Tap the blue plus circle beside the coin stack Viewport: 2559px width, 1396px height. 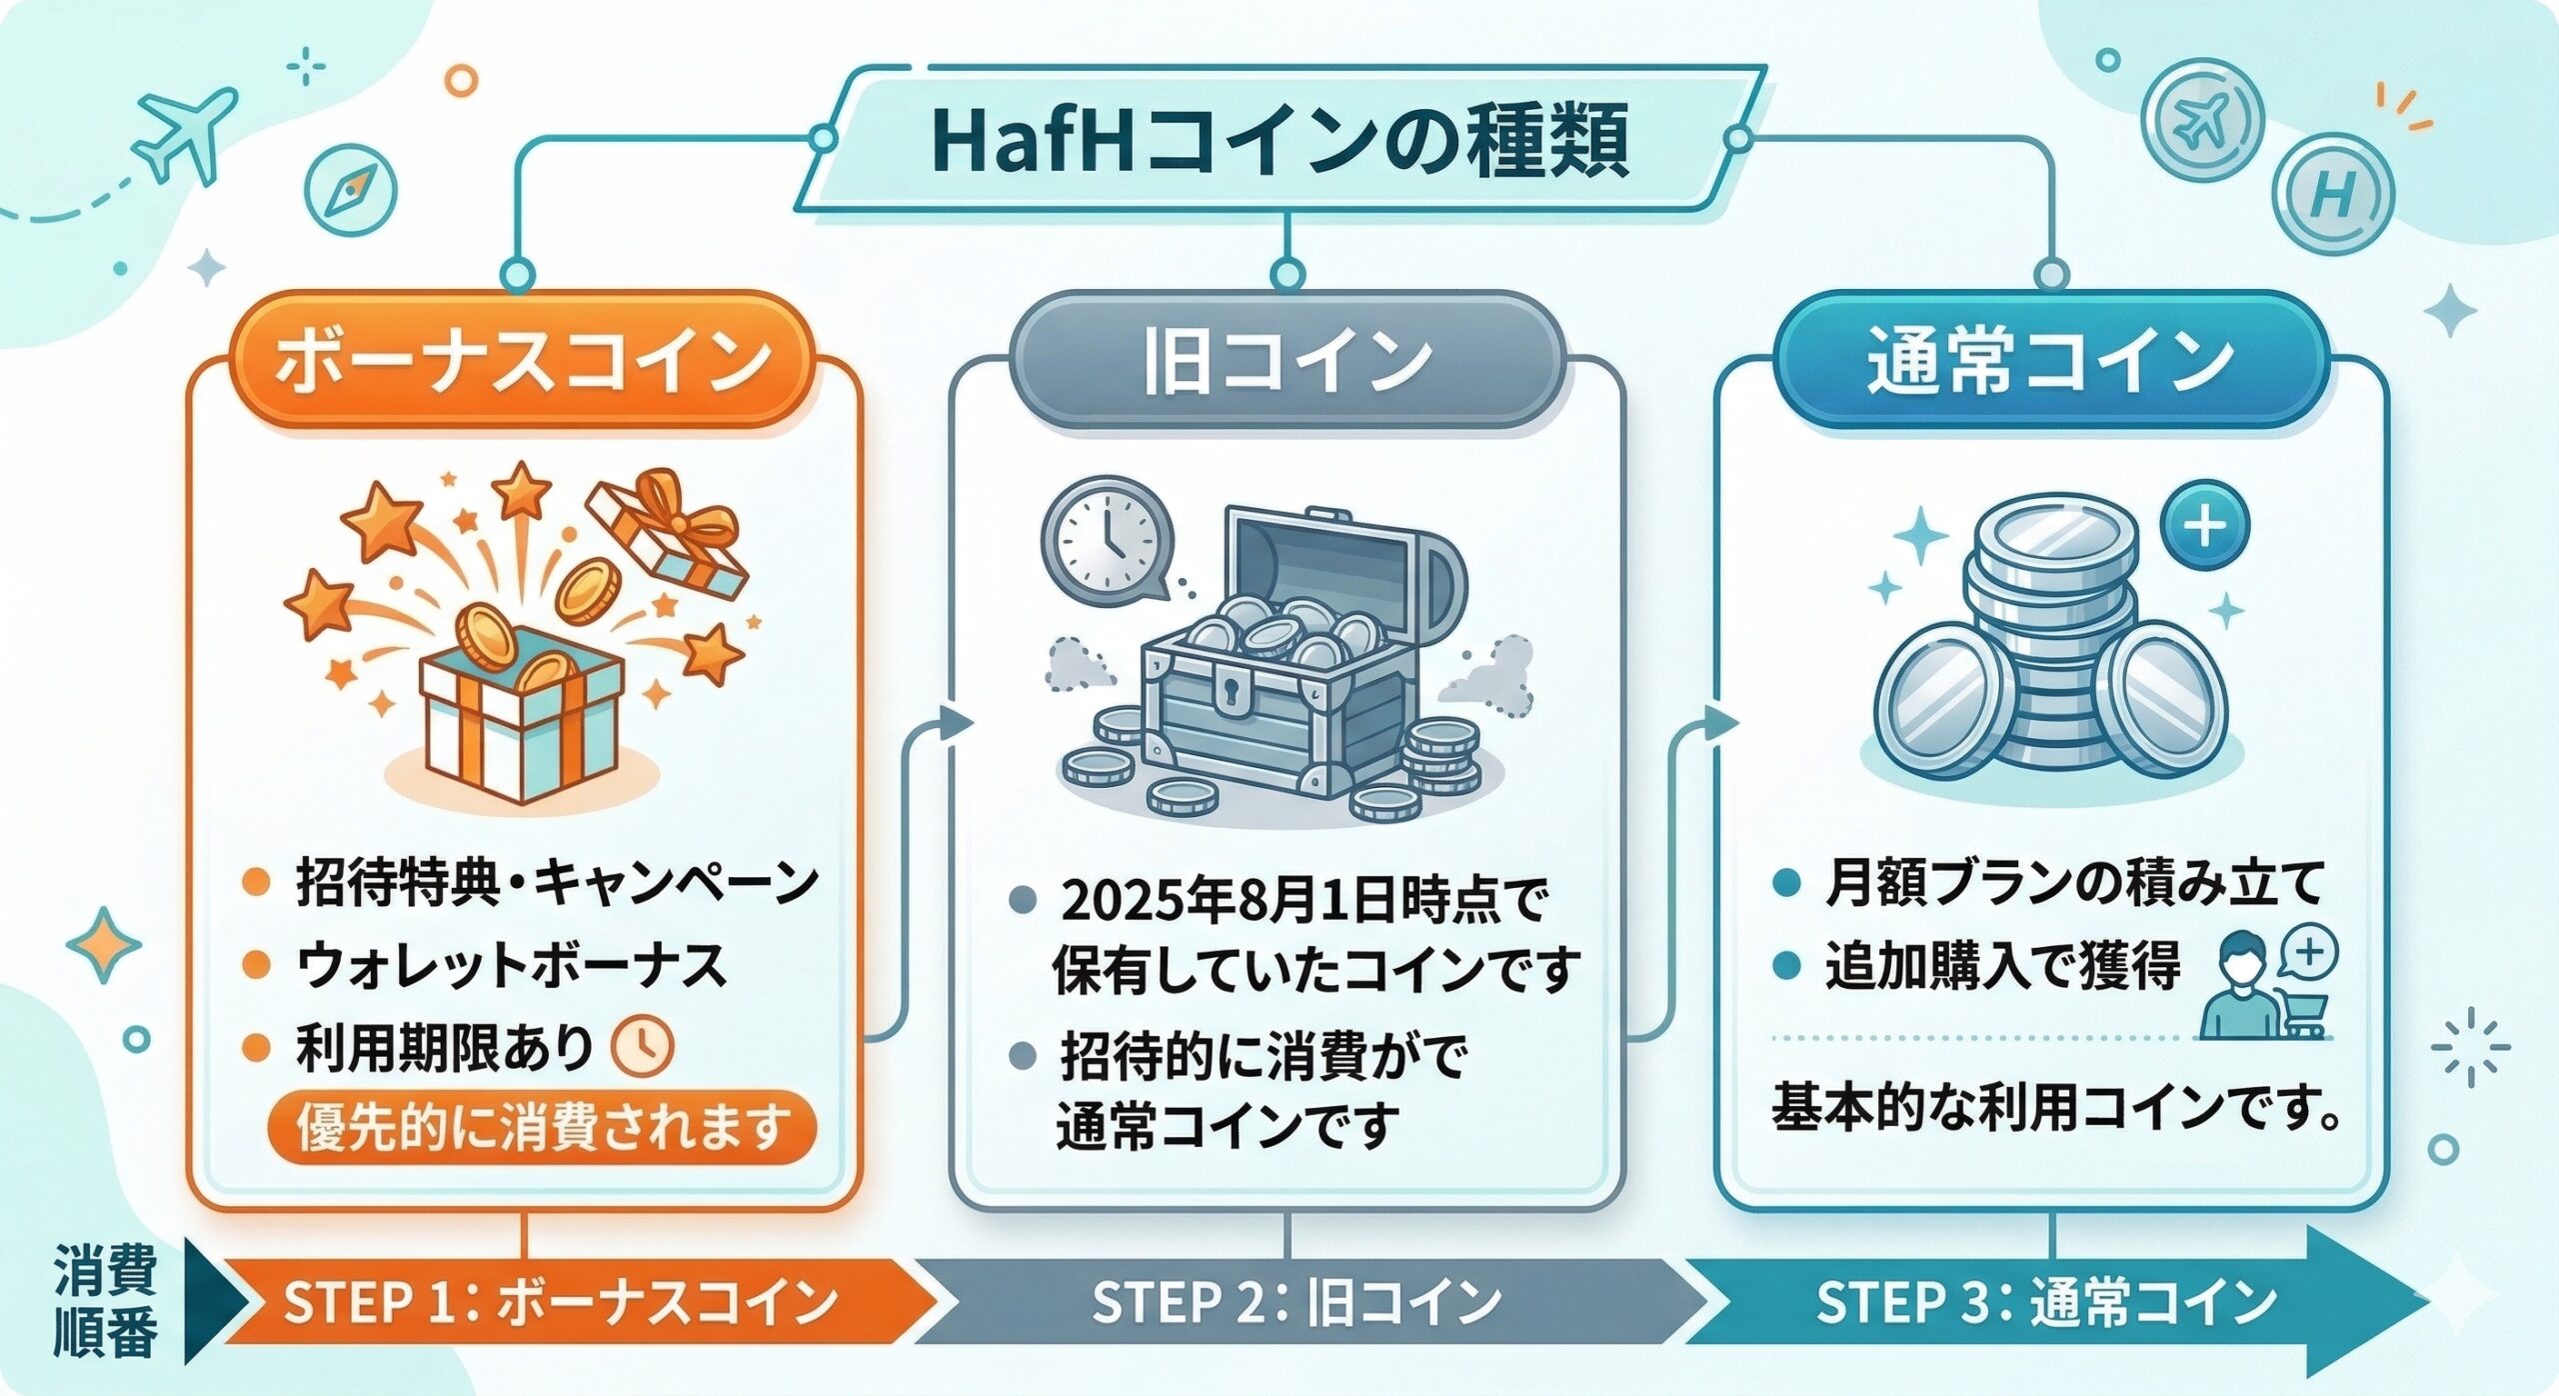[2205, 526]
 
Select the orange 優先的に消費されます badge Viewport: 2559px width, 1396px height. [542, 1128]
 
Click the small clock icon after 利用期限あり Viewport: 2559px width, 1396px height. [642, 1048]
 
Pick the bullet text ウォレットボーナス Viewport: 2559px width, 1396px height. [511, 966]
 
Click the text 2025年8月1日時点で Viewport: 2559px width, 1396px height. [1302, 902]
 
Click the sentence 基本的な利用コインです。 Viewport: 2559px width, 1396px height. [2056, 1108]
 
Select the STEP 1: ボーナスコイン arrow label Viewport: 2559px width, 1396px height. [561, 1302]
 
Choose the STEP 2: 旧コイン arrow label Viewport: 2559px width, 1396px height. [1296, 1302]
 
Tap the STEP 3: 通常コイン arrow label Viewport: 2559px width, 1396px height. [2046, 1302]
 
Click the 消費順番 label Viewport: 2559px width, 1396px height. [105, 1300]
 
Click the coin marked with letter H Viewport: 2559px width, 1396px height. [2333, 194]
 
